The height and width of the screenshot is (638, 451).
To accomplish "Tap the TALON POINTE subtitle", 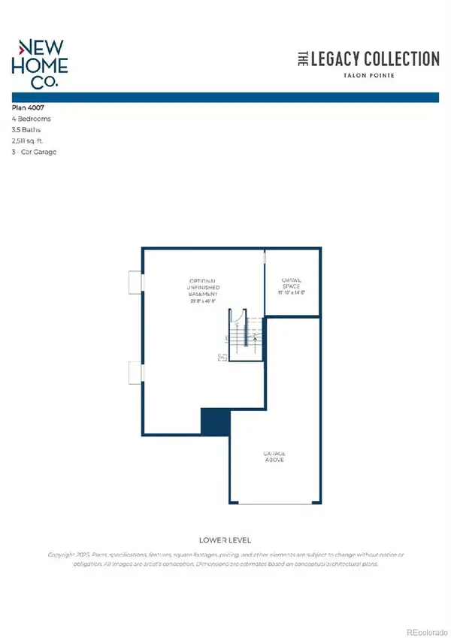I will (366, 76).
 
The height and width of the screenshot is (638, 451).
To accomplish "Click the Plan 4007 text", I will (28, 108).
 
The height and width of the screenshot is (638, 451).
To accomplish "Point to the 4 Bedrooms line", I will (32, 119).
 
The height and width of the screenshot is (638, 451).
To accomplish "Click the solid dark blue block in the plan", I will (214, 422).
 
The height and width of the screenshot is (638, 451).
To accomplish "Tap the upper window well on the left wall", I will (135, 281).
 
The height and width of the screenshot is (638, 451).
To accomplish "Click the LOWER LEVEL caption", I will (225, 540).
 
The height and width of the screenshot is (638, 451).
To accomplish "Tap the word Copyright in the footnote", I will (62, 555).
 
